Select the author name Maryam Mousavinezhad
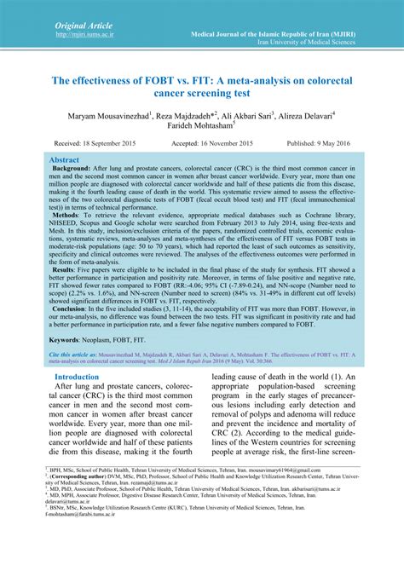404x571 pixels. pyautogui.click(x=103, y=115)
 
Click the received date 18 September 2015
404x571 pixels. pyautogui.click(x=96, y=145)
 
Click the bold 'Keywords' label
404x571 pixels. pyautogui.click(x=71, y=364)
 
